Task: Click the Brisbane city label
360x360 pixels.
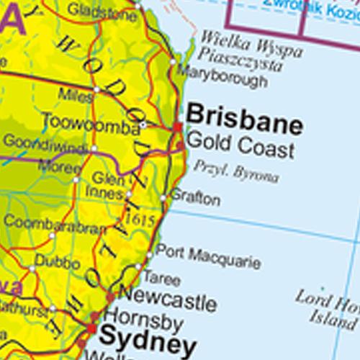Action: [x=244, y=116]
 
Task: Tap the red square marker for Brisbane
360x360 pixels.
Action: [x=178, y=127]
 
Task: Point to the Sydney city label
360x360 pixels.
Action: [x=147, y=338]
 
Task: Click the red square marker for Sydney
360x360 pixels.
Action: [x=91, y=328]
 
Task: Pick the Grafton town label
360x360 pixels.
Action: [x=195, y=199]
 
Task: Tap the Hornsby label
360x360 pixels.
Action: [x=144, y=318]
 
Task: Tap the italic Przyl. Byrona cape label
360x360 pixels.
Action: [x=235, y=171]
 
